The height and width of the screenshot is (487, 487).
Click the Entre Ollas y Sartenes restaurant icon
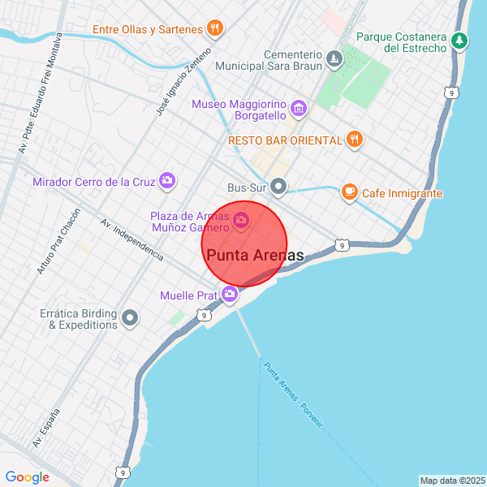[x=215, y=29]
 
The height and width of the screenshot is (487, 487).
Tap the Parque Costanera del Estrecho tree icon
[x=460, y=39]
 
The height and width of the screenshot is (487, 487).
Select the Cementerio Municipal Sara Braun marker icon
[x=334, y=58]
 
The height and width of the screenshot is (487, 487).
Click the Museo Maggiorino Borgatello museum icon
[x=299, y=107]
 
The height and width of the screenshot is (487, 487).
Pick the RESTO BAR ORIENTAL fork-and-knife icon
[x=354, y=140]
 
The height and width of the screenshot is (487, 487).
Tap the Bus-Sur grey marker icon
[x=279, y=187]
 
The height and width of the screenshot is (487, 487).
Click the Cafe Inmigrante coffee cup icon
[x=349, y=192]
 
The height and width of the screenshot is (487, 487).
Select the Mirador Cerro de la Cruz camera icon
[x=167, y=180]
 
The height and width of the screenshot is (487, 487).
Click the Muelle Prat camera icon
[x=231, y=295]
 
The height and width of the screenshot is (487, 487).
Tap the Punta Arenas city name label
[x=255, y=256]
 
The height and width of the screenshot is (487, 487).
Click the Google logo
[x=27, y=477]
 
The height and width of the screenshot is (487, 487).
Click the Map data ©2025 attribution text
[x=452, y=481]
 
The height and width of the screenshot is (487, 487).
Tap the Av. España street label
[x=46, y=428]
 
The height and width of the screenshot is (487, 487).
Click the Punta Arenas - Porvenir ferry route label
[x=292, y=397]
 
